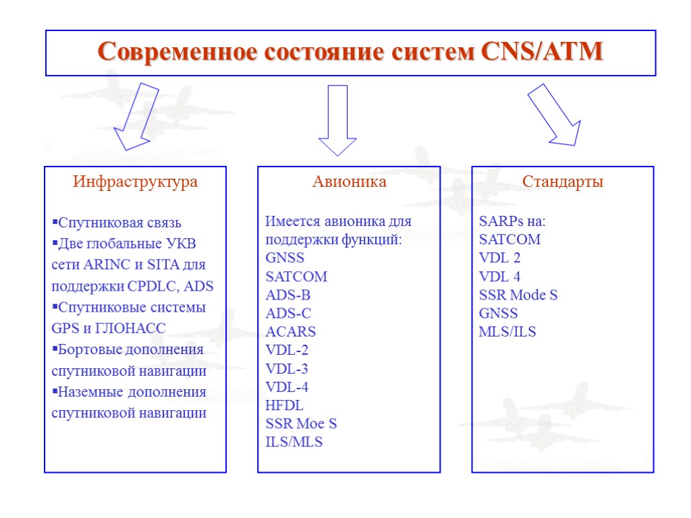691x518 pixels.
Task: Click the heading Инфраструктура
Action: [x=135, y=182]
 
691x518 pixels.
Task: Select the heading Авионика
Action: [x=349, y=182]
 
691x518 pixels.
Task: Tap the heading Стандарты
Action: [x=563, y=182]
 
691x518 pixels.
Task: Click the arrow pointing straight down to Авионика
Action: [x=337, y=120]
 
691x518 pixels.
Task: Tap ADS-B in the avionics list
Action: [x=287, y=295]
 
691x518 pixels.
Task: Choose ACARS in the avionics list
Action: [x=290, y=332]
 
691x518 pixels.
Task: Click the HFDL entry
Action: [x=284, y=405]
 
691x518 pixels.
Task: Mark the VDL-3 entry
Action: [x=287, y=369]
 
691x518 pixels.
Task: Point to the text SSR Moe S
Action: [x=301, y=424]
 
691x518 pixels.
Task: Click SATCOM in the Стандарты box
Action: [x=509, y=239]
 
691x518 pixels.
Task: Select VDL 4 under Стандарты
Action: [x=499, y=277]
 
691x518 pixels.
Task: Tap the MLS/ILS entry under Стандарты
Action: [x=507, y=332]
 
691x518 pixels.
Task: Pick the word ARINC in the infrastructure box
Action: [x=99, y=264]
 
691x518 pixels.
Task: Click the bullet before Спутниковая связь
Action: [x=55, y=223]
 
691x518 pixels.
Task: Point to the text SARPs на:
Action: [x=512, y=221]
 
